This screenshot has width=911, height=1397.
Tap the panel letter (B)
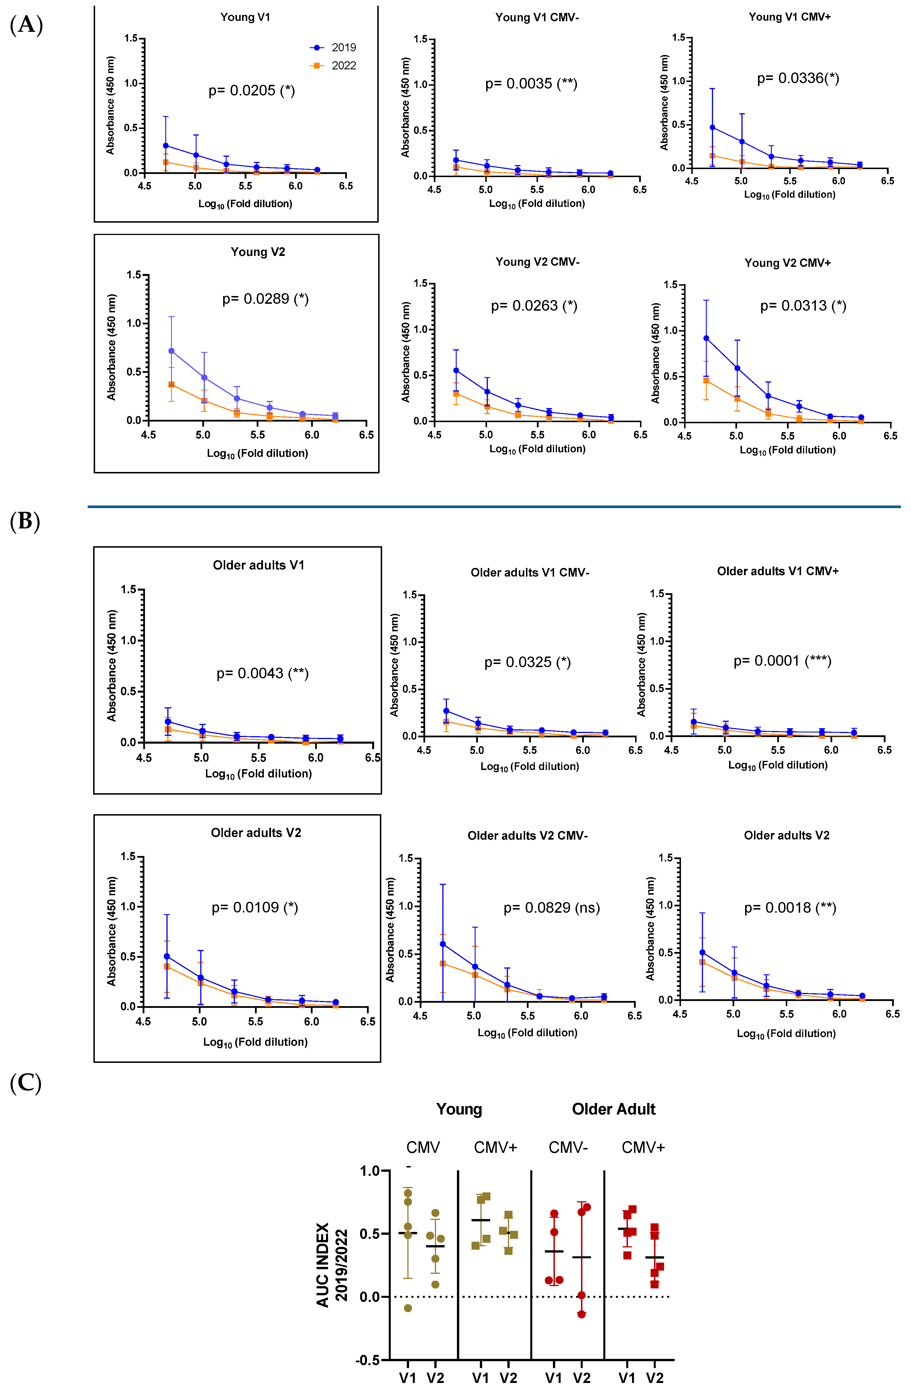[25, 521]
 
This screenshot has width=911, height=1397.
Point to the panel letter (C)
[26, 1083]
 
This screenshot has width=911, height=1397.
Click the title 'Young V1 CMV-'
[537, 17]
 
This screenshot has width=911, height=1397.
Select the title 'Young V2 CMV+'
[787, 263]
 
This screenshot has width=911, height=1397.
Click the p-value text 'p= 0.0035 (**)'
[531, 84]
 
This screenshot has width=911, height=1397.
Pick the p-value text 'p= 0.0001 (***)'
[782, 661]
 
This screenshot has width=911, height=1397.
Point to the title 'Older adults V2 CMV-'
[527, 836]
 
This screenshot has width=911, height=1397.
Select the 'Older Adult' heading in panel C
[613, 1109]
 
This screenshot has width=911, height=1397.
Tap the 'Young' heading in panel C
[459, 1109]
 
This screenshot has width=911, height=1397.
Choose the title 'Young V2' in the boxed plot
[258, 252]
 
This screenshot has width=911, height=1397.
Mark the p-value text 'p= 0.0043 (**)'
[262, 673]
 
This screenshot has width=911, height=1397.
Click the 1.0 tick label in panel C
[370, 1171]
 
